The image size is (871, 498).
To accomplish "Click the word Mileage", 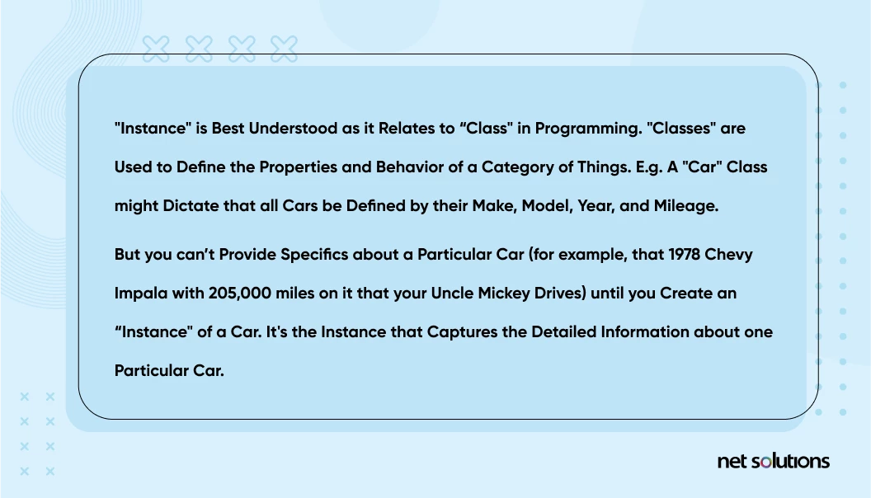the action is click(686, 207).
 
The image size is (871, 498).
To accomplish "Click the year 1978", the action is click(684, 254).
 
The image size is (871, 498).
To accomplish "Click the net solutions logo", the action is click(773, 462).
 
